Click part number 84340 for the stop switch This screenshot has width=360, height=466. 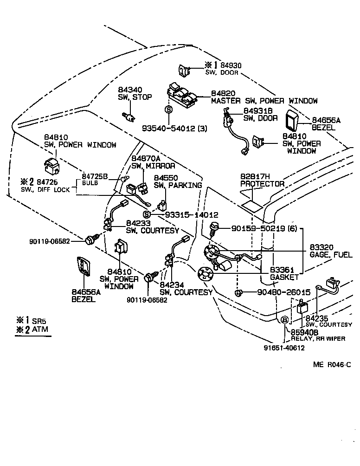click(128, 89)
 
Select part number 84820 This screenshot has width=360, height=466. click(224, 93)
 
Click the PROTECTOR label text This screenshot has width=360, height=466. click(263, 184)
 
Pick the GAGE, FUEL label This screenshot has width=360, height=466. click(331, 255)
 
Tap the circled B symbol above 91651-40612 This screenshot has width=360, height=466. click(284, 319)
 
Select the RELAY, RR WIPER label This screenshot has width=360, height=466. click(318, 338)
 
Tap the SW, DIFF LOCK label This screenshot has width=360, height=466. click(45, 189)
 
